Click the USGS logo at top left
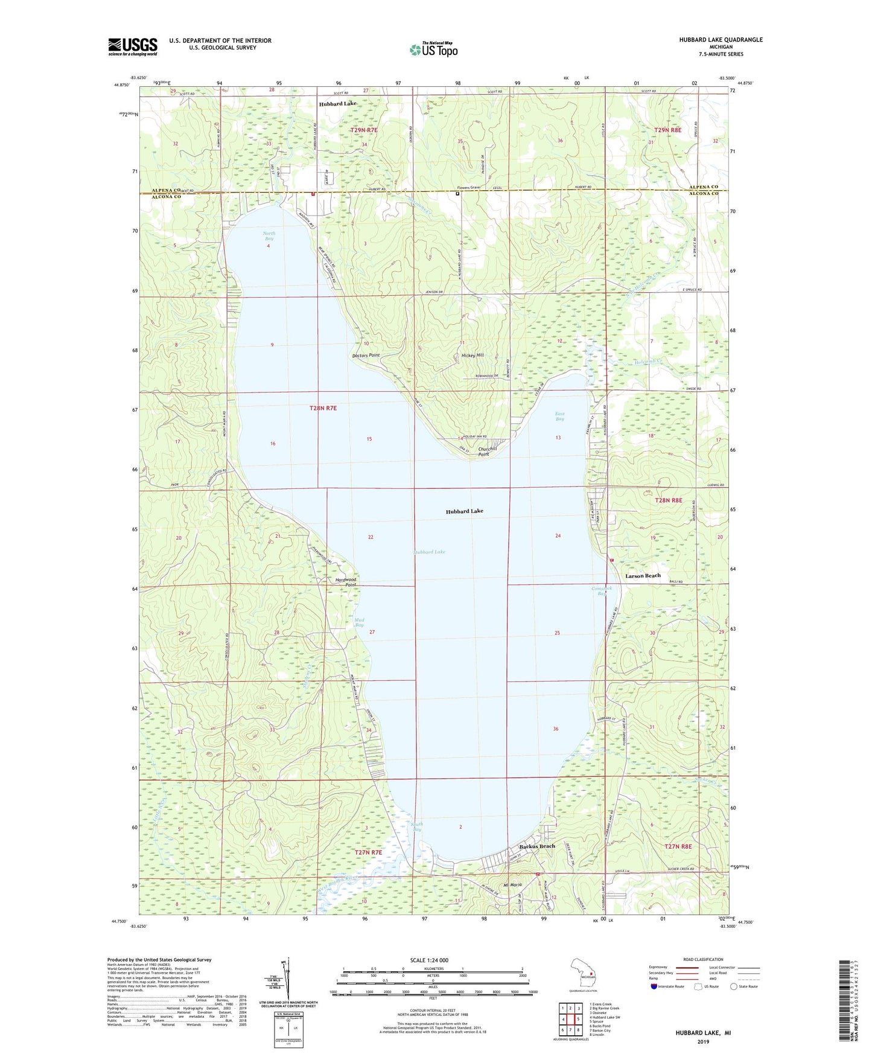(133, 46)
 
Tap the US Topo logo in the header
(433, 50)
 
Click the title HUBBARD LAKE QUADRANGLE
(721, 40)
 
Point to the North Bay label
(269, 236)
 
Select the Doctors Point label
(366, 356)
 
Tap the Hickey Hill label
(473, 356)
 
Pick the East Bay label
(559, 416)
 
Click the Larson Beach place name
(643, 576)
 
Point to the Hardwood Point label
(346, 582)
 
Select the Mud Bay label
(359, 622)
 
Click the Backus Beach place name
(537, 846)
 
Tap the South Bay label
(416, 827)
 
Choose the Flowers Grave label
(468, 188)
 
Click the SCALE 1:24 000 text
(429, 960)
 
